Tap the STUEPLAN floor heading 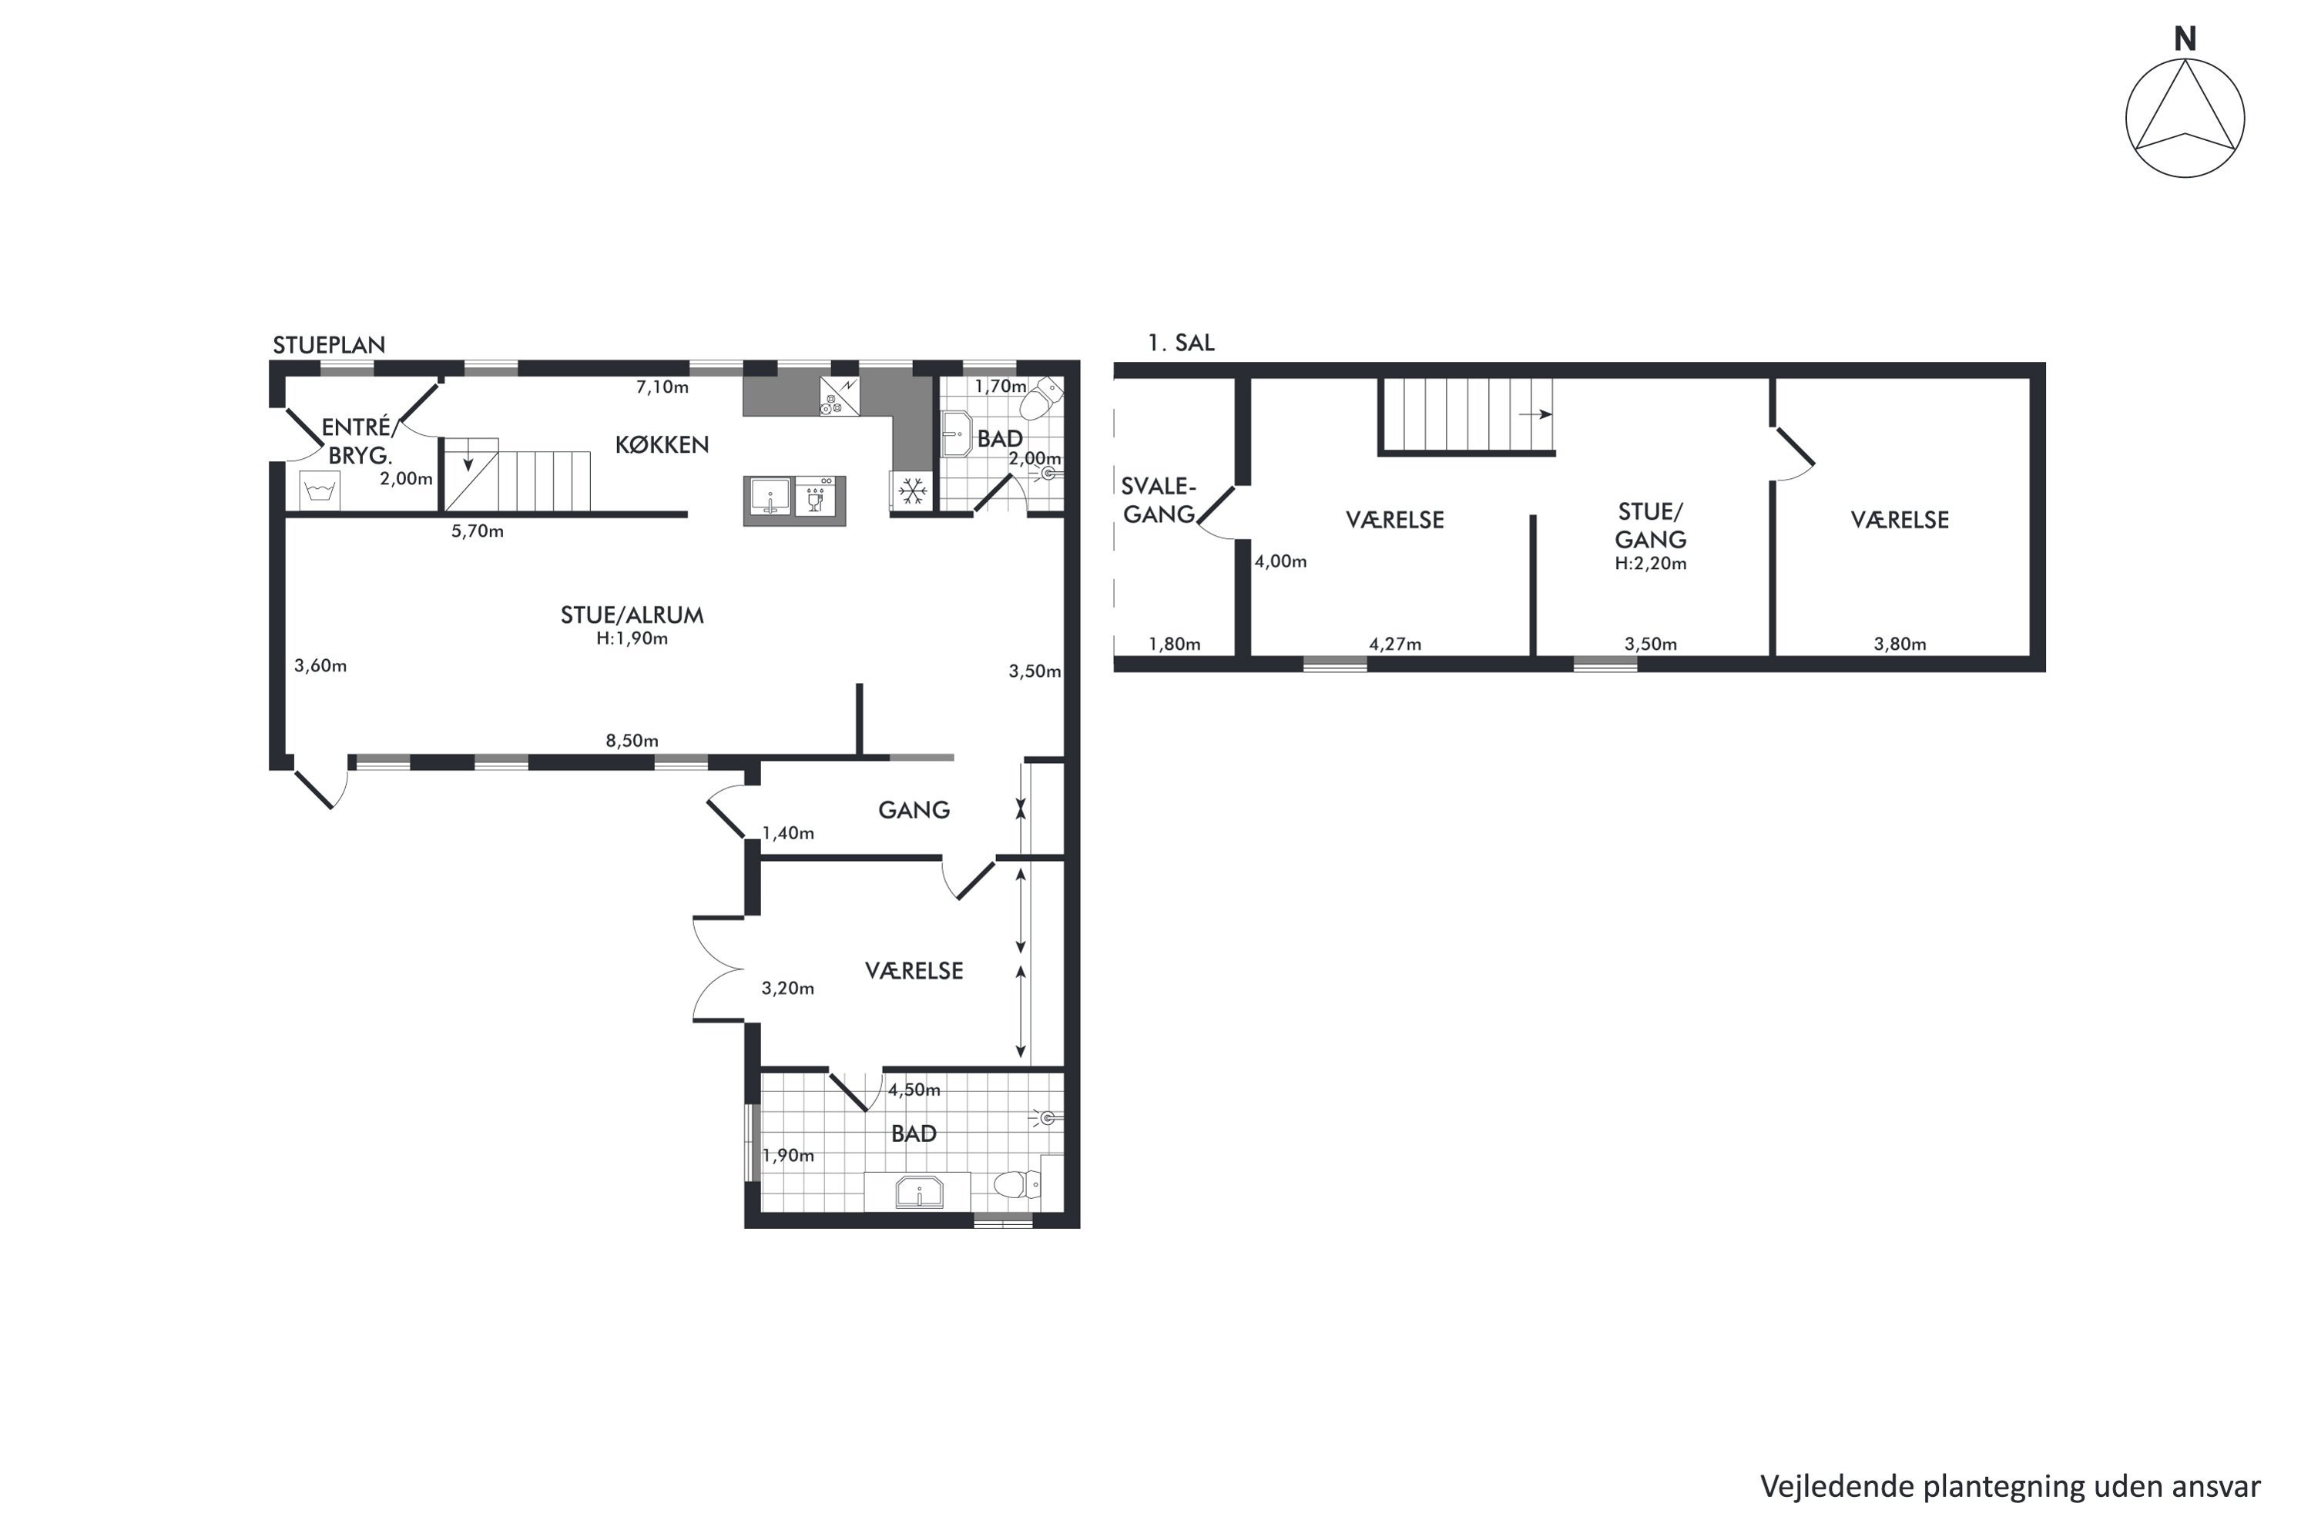(x=329, y=345)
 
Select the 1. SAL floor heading (x=1181, y=343)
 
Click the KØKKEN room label (x=662, y=445)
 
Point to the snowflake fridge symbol (x=913, y=490)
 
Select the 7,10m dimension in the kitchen (x=662, y=387)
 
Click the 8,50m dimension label (x=632, y=741)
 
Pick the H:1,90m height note (x=632, y=638)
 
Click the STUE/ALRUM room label (x=632, y=614)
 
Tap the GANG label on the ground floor (x=914, y=809)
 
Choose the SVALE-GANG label (x=1159, y=500)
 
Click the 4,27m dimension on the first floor (x=1395, y=644)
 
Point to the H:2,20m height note (x=1651, y=564)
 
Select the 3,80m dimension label (x=1900, y=644)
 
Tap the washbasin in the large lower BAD (x=919, y=1192)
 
